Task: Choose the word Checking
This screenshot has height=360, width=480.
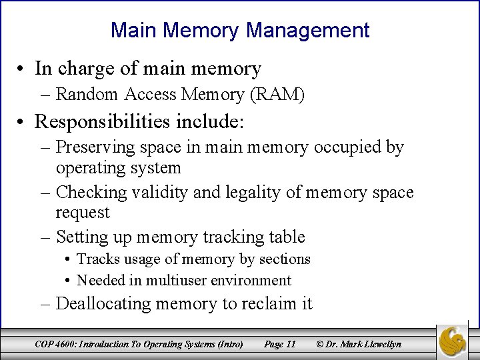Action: tap(90, 193)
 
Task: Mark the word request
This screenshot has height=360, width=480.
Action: tap(83, 213)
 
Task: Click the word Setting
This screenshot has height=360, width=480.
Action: tap(82, 237)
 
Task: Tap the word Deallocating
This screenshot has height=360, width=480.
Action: tap(103, 304)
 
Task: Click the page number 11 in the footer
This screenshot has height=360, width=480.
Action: tap(289, 344)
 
